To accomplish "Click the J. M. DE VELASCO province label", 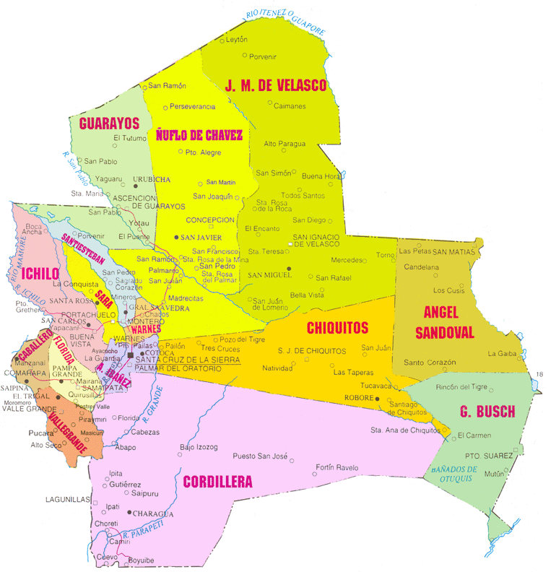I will (x=276, y=86).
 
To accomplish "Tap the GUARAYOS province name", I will (x=109, y=123).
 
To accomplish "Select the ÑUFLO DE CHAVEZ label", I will (x=199, y=134).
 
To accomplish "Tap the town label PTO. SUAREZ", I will (x=489, y=456).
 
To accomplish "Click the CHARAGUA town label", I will (x=154, y=513).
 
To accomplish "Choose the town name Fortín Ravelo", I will (x=337, y=468).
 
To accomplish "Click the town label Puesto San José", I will (x=261, y=456).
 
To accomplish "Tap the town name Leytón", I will (x=237, y=40).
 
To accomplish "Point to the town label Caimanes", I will (x=290, y=106).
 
